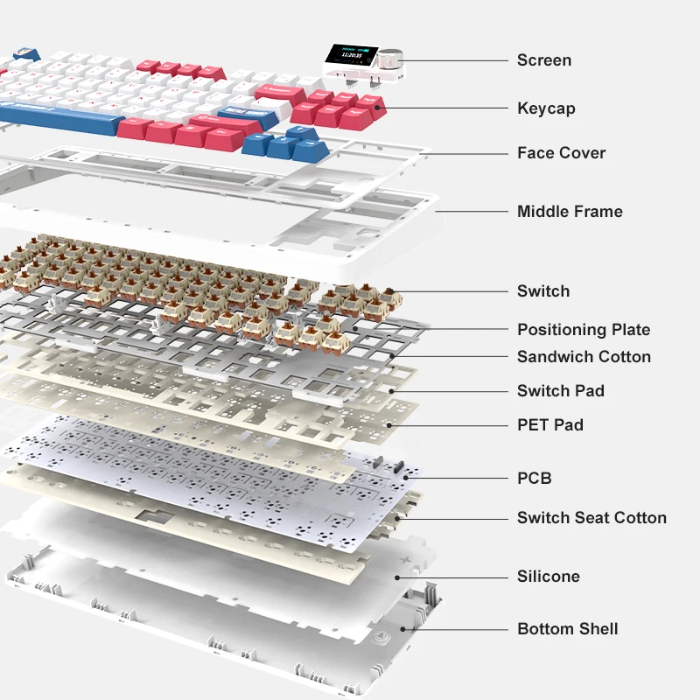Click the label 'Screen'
[543, 60]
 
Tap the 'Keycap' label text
[546, 108]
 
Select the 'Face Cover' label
[561, 153]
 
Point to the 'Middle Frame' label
[570, 211]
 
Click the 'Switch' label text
[542, 291]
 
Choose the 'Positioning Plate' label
[584, 330]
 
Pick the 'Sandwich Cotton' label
[584, 356]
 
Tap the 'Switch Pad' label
[560, 391]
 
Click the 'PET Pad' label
[549, 425]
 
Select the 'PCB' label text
[534, 479]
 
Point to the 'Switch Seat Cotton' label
[591, 518]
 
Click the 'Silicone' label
[548, 577]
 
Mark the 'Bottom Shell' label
[567, 629]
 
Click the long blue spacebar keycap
[61, 114]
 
